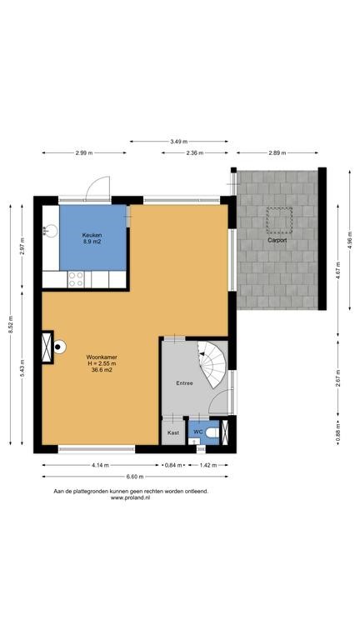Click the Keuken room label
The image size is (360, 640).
pos(92,235)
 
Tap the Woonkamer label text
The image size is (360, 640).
pos(102,357)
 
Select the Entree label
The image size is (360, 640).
pos(184,383)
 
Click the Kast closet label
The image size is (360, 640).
pos(173,432)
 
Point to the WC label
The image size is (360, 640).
pos(198,432)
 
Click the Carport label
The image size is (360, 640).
pos(277,240)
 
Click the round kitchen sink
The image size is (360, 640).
pos(51,231)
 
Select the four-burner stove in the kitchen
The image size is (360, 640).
pos(76,280)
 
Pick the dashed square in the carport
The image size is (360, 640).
pos(279,220)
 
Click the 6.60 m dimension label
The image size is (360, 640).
pos(135,477)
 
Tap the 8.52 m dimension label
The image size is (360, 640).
pos(10,324)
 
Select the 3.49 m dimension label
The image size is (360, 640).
pos(179,142)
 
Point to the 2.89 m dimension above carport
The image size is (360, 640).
pos(277,153)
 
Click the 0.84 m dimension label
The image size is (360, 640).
pos(173,465)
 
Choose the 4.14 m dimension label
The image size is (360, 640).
pos(100,465)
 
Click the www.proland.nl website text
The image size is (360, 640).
pos(131,497)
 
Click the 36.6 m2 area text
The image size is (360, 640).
pos(102,370)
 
